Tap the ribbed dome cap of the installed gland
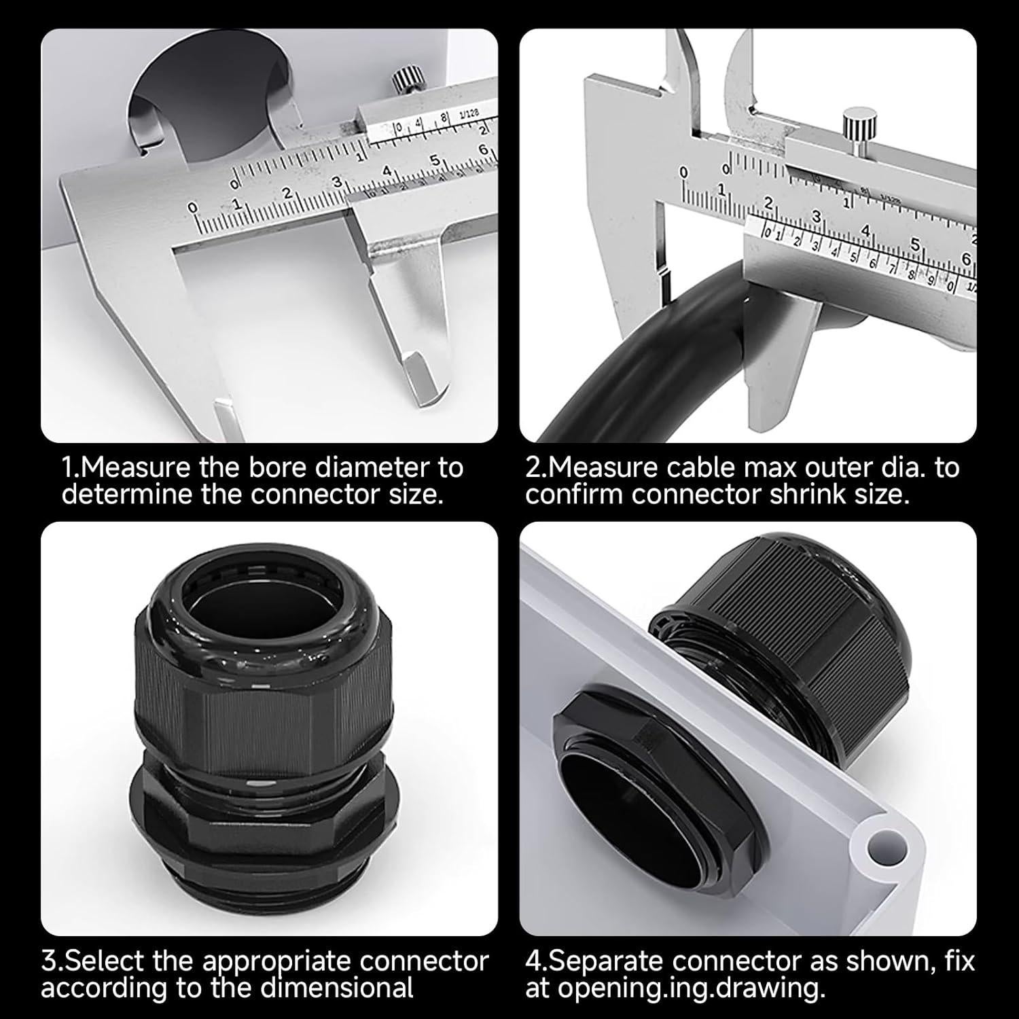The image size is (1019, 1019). pyautogui.click(x=781, y=611)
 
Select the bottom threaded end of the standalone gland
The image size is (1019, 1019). pyautogui.click(x=262, y=890)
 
